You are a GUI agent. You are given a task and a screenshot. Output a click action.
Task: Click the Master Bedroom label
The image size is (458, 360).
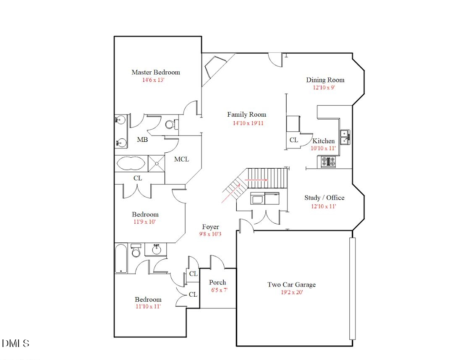click(155, 72)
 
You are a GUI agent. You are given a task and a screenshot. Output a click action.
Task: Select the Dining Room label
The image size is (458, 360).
click(325, 80)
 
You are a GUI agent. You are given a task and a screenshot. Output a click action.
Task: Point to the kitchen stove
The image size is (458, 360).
click(328, 162)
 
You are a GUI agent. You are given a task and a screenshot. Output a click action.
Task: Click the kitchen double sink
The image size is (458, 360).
click(345, 137)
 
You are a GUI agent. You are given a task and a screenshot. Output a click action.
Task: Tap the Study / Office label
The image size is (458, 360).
click(324, 198)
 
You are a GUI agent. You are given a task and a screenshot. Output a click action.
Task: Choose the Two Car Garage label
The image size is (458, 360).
click(291, 285)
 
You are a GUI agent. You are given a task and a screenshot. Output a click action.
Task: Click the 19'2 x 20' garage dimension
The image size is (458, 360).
click(292, 292)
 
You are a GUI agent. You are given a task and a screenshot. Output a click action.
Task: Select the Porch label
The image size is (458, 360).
click(217, 282)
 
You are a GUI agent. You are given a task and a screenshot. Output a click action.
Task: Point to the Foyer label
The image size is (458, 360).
click(210, 227)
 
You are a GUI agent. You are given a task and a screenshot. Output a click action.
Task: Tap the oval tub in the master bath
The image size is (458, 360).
click(132, 163)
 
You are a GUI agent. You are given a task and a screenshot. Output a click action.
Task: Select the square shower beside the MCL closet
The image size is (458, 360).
click(156, 163)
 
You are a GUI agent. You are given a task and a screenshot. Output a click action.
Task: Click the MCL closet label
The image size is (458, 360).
click(181, 159)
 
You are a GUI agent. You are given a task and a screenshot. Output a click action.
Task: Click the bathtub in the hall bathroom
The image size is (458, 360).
click(121, 258)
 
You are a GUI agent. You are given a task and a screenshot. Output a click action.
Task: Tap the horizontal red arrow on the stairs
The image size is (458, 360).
click(256, 179)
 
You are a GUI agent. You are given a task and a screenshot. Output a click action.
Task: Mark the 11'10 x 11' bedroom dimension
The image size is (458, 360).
click(148, 307)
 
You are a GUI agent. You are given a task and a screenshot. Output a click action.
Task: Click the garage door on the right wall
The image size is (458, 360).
click(352, 289)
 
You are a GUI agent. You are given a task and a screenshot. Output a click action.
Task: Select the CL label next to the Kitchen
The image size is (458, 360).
click(294, 140)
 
